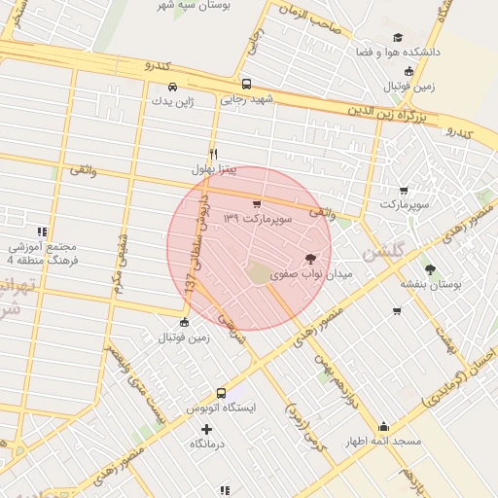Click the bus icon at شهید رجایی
[x=246, y=84]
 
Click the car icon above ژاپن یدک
[x=172, y=86]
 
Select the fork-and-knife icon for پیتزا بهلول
[x=214, y=154]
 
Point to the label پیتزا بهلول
[x=214, y=169]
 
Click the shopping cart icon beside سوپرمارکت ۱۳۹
[x=256, y=204]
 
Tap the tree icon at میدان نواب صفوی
[x=310, y=260]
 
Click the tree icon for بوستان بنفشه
[x=431, y=269]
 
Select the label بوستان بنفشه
[x=430, y=284]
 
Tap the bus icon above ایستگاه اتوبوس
[x=221, y=393]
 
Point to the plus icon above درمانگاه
[x=206, y=429]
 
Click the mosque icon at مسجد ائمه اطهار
[x=383, y=426]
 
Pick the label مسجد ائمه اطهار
[x=383, y=442]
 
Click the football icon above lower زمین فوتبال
[x=185, y=323]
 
